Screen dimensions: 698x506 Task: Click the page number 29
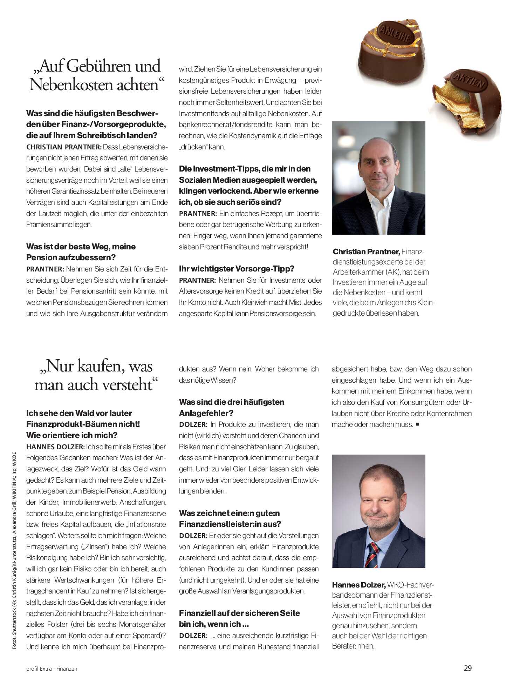click(x=467, y=668)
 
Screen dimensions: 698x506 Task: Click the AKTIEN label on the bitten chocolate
click(x=470, y=81)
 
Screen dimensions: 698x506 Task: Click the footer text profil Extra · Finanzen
click(x=52, y=669)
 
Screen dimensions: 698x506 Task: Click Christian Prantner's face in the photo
click(x=379, y=165)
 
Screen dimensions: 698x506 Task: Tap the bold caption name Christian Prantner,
click(x=366, y=251)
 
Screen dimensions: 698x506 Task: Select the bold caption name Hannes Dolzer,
click(x=358, y=585)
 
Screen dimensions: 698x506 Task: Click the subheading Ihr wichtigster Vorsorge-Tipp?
click(x=237, y=269)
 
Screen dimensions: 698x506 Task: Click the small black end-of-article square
click(x=417, y=424)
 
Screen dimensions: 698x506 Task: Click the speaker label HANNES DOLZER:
click(x=55, y=447)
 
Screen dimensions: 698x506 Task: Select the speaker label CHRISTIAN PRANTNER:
click(x=64, y=147)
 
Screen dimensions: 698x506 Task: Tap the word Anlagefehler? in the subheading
click(x=206, y=413)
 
